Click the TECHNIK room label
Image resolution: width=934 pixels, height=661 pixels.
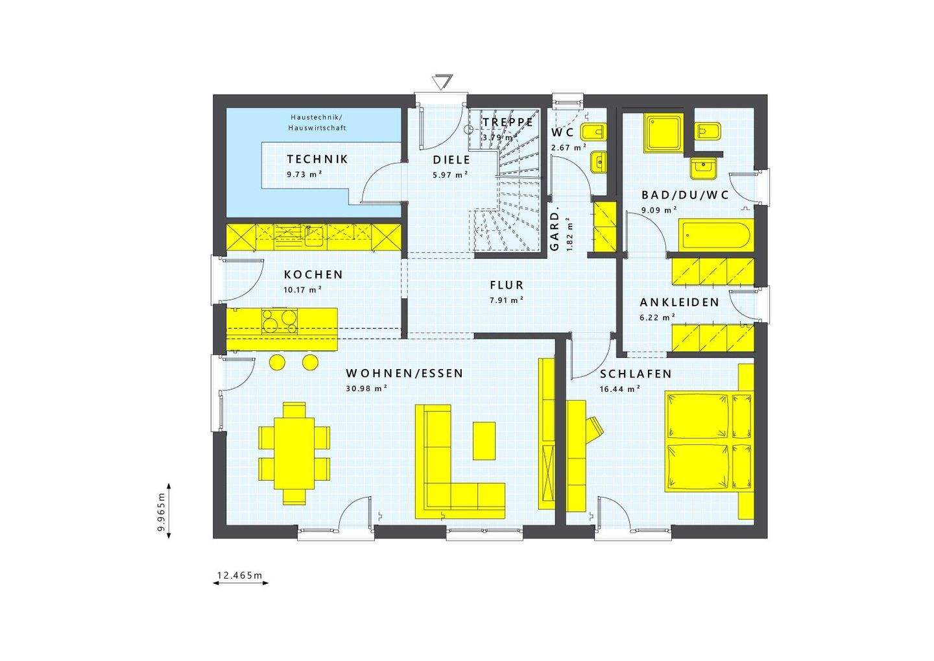[317, 159]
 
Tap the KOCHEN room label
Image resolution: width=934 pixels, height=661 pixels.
[313, 275]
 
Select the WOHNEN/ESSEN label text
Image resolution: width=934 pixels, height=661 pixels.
[404, 374]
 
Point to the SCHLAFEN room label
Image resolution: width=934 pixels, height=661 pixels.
[636, 374]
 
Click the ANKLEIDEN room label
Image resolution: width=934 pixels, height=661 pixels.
[679, 303]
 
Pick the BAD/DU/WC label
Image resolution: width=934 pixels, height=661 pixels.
[685, 195]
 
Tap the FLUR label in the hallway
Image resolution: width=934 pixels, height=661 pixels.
[507, 285]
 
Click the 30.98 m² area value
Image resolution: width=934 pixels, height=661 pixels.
[367, 389]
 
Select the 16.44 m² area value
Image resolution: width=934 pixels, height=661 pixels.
[620, 389]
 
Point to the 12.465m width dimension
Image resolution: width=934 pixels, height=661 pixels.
[239, 575]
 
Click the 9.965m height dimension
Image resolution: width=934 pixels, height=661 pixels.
[162, 511]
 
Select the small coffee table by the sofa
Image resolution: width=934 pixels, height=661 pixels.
[485, 440]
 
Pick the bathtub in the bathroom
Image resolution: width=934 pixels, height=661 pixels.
[715, 235]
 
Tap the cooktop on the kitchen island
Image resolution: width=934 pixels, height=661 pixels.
[280, 320]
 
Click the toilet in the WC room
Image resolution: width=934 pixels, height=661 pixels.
[594, 133]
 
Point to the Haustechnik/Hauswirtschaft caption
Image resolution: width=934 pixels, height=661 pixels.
[318, 123]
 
